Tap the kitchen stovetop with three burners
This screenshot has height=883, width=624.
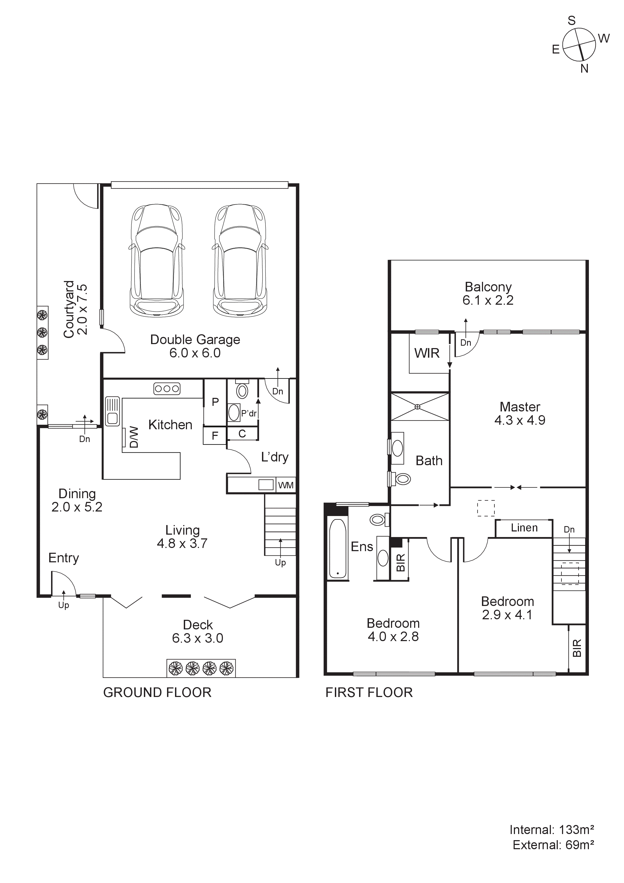[x=167, y=389]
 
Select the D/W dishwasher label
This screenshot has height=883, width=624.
[x=134, y=437]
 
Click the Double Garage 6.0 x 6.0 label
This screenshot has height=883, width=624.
[x=195, y=346]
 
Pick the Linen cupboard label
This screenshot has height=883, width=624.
[x=524, y=528]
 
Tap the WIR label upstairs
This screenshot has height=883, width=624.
[x=427, y=353]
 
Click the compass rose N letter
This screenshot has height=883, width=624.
[x=584, y=69]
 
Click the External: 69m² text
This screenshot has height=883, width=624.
[x=553, y=845]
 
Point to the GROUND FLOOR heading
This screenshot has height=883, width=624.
[x=157, y=693]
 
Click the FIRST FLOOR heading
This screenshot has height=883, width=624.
[x=369, y=693]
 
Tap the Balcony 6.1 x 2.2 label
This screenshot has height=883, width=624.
[x=488, y=294]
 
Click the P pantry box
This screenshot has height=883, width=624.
[x=215, y=402]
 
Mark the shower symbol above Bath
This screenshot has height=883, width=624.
[x=419, y=406]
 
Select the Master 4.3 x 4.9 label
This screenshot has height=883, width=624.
[x=520, y=414]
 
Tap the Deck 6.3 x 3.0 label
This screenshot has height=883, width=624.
[x=198, y=632]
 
